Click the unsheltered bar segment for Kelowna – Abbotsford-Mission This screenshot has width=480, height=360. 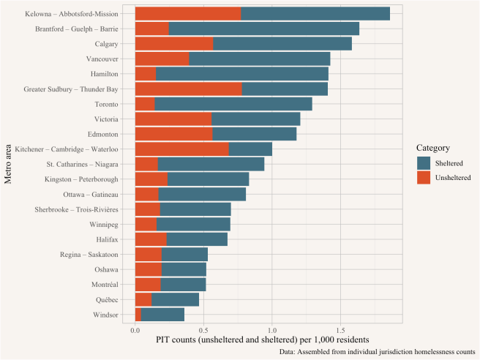[188, 14]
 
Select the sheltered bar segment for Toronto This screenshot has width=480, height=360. [233, 104]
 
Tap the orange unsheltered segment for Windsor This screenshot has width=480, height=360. [138, 314]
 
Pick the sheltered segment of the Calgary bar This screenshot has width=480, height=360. [282, 44]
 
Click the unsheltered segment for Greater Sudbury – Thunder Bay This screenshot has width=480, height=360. [188, 89]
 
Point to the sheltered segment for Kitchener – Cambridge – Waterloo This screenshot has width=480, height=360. [250, 149]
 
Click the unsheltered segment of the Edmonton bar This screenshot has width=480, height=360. [173, 134]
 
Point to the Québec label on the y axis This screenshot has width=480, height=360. [116, 299]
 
